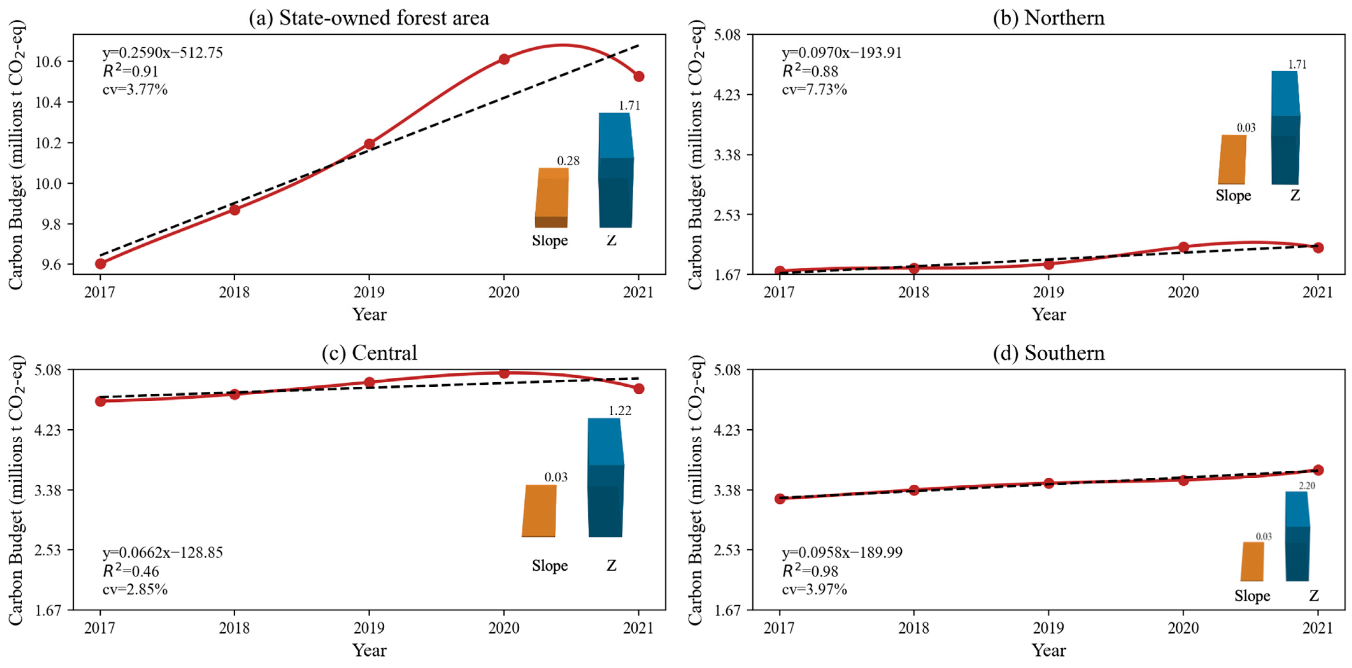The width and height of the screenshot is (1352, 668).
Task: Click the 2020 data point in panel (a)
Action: pyautogui.click(x=504, y=59)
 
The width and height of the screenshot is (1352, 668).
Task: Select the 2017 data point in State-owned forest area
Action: pyautogui.click(x=100, y=264)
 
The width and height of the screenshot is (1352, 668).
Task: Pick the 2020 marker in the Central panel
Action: pyautogui.click(x=504, y=373)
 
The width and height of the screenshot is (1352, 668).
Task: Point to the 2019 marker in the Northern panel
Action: pyautogui.click(x=1049, y=264)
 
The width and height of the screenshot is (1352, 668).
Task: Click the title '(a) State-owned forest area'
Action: pyautogui.click(x=369, y=18)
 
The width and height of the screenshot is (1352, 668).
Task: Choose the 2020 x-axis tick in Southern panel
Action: pyautogui.click(x=1183, y=628)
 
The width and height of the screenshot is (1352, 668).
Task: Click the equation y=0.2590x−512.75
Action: pyautogui.click(x=163, y=53)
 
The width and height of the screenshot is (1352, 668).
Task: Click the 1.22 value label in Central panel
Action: pyautogui.click(x=620, y=410)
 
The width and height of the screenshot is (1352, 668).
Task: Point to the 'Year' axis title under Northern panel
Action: pyautogui.click(x=1049, y=314)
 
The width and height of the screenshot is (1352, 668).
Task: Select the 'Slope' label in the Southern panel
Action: pyautogui.click(x=1252, y=596)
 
